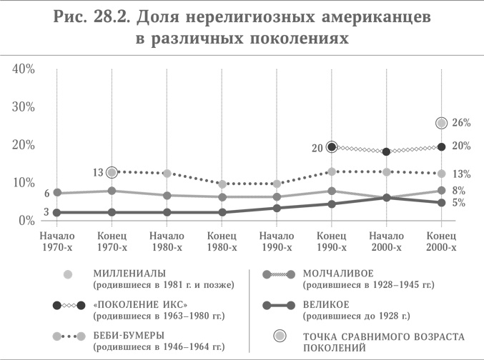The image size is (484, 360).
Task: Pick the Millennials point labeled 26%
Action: (x=442, y=123)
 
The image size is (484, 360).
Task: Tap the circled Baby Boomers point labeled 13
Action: (x=112, y=172)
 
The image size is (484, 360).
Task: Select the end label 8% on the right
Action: (x=459, y=191)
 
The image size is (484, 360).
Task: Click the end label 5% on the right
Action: (x=459, y=202)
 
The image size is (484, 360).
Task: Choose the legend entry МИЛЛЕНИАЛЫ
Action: (x=129, y=274)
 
